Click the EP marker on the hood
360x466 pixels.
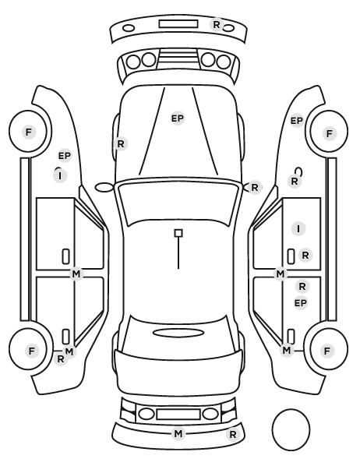click(x=178, y=118)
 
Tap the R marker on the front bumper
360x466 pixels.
click(x=217, y=24)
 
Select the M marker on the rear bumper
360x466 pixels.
click(x=178, y=433)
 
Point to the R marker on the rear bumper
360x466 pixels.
click(x=233, y=435)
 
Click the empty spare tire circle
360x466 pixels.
click(x=291, y=429)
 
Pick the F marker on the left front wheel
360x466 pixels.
click(x=29, y=132)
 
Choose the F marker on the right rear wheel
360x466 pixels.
click(x=327, y=351)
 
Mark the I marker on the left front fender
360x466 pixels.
click(x=60, y=175)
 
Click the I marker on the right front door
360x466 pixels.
click(x=298, y=229)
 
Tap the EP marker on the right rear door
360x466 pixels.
click(x=300, y=303)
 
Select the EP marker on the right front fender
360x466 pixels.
click(x=296, y=121)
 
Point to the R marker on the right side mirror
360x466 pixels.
click(x=255, y=188)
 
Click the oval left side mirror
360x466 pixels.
click(x=104, y=187)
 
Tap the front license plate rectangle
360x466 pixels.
click(x=178, y=24)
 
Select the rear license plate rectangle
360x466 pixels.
click(x=178, y=414)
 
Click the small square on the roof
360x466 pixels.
click(x=178, y=233)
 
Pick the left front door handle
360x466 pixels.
click(x=65, y=256)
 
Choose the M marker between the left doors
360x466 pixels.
click(x=76, y=274)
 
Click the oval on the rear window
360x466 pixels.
click(x=178, y=333)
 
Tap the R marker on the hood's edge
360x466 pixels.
click(x=121, y=144)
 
